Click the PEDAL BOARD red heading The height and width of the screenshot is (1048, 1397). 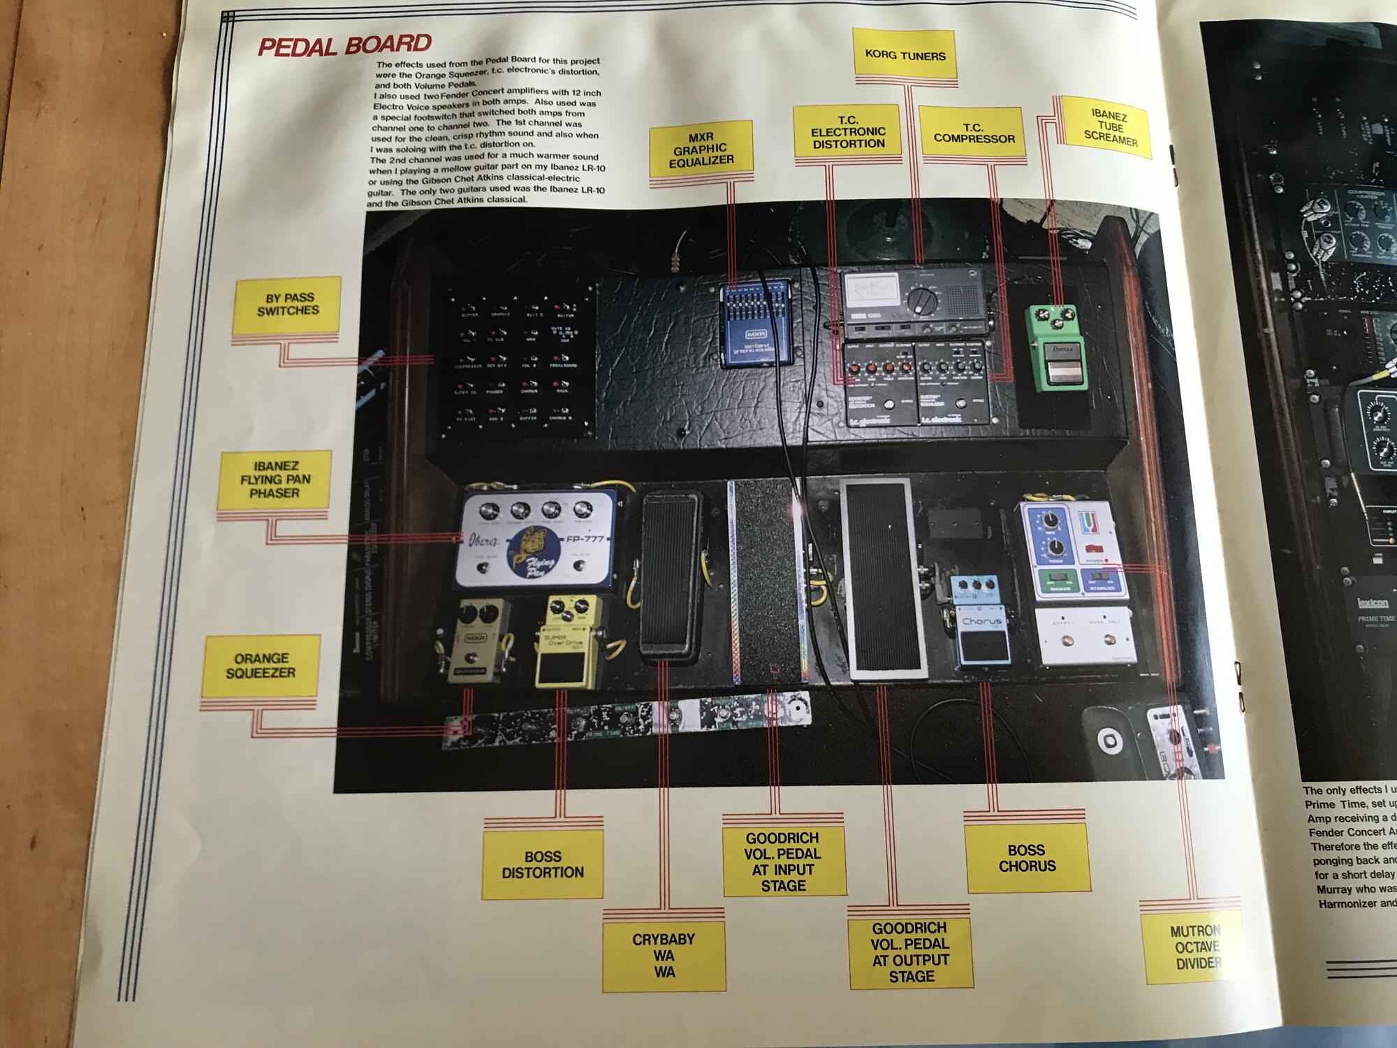click(x=344, y=45)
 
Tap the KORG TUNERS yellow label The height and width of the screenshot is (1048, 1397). click(x=905, y=55)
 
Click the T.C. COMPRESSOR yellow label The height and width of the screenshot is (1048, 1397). click(x=974, y=133)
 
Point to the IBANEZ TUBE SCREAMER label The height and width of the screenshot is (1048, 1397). click(x=1110, y=129)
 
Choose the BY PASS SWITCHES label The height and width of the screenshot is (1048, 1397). click(x=287, y=304)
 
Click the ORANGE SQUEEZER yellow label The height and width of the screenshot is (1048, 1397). click(x=261, y=665)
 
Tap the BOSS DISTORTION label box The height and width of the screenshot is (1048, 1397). click(x=542, y=864)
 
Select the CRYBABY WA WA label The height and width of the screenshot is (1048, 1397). click(x=664, y=955)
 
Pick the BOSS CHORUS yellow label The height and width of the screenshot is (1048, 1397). click(x=1027, y=858)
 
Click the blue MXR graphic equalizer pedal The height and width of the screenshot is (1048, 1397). click(x=754, y=324)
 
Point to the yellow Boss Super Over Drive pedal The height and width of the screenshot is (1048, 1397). click(x=566, y=641)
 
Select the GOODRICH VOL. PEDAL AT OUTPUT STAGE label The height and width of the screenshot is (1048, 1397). click(x=911, y=952)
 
